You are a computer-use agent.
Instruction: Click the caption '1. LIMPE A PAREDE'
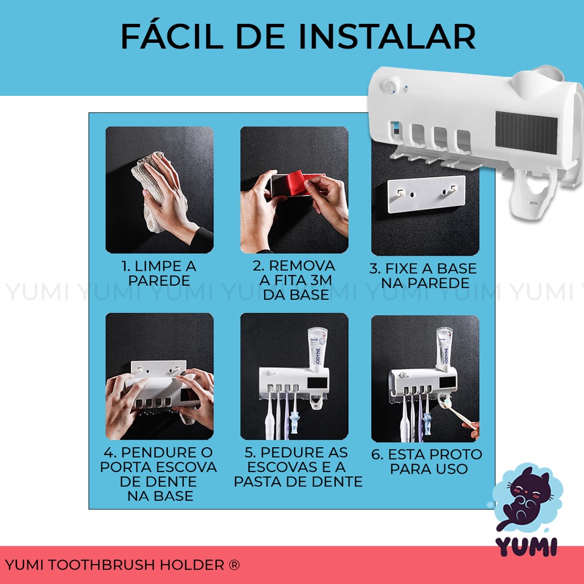pos(159,273)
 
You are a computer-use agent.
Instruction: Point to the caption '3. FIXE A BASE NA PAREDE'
pos(424,275)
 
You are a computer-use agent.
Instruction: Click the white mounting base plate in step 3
pos(427,194)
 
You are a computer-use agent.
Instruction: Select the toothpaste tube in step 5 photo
pos(318,350)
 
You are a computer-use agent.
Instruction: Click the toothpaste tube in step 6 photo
pos(444,348)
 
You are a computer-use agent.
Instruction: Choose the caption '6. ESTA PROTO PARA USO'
pos(427,461)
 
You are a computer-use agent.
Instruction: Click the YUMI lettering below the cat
pos(526,547)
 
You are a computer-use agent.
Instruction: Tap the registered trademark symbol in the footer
pos(234,565)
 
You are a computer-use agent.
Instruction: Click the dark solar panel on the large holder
pos(526,132)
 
